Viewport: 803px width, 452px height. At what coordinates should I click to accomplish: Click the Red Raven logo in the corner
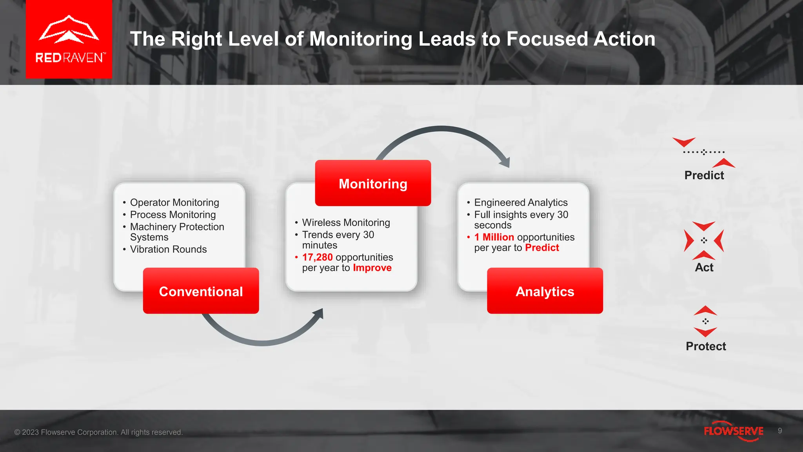point(69,39)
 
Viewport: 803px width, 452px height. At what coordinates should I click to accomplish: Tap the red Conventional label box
point(201,291)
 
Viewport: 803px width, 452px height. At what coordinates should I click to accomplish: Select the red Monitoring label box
point(373,183)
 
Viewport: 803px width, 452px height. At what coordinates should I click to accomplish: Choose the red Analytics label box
point(545,291)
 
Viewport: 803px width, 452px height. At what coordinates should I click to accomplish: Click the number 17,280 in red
point(317,257)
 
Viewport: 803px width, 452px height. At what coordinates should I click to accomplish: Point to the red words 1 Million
point(494,237)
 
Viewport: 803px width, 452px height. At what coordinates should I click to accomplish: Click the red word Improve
point(372,268)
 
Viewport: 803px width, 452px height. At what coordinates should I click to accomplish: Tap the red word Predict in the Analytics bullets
point(542,248)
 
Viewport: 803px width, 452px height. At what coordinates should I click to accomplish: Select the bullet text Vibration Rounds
point(168,250)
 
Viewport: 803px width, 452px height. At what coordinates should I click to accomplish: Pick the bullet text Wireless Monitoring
point(346,223)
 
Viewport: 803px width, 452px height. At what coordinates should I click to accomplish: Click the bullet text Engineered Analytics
point(521,203)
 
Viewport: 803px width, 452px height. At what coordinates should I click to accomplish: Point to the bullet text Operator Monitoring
point(174,203)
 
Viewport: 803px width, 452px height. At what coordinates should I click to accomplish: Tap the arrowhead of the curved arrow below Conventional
point(319,313)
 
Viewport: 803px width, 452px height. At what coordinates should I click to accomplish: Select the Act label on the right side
point(704,268)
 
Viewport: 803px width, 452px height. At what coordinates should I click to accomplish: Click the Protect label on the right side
point(706,346)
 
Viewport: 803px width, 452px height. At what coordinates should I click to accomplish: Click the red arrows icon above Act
point(704,240)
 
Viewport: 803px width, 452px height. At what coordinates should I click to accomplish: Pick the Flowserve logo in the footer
point(733,431)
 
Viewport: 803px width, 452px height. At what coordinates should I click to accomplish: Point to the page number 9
point(780,431)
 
